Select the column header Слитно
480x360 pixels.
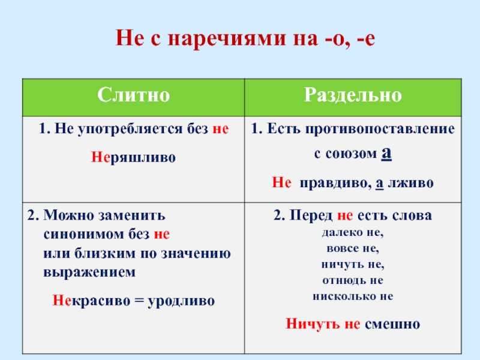coord(133,95)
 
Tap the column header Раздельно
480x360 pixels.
coord(353,95)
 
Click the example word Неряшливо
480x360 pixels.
coord(133,157)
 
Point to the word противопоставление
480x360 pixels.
coord(380,129)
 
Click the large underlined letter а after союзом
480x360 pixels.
coord(386,153)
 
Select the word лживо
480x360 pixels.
coord(410,183)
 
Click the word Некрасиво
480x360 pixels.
coord(91,301)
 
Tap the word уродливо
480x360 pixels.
coord(181,301)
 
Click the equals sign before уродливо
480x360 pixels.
coord(139,301)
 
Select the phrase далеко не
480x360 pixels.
coord(353,233)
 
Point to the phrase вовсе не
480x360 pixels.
coord(353,248)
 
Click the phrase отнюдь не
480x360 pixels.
coord(353,280)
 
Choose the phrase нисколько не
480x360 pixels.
coord(353,296)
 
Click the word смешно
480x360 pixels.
coord(392,324)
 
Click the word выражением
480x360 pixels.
coord(89,272)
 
